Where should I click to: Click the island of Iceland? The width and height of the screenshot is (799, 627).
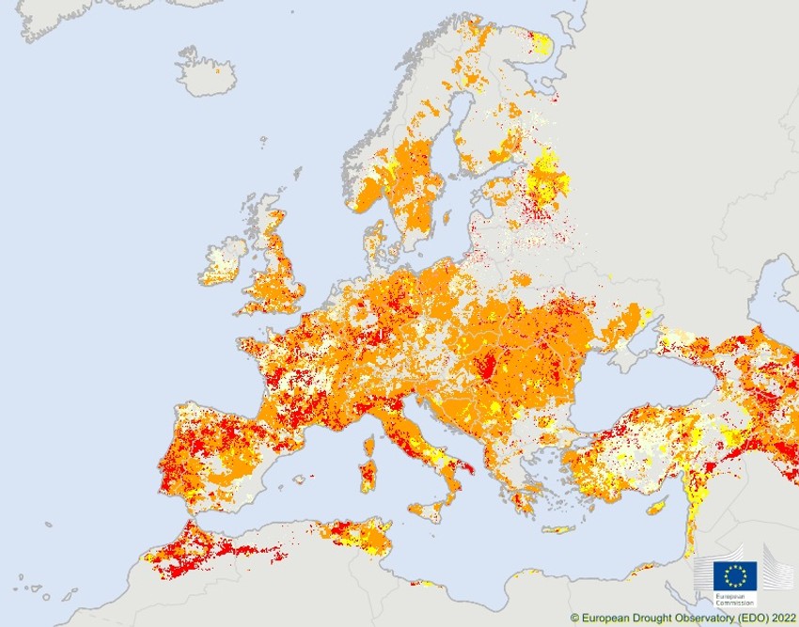[206, 73]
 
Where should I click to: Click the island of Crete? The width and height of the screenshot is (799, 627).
[558, 529]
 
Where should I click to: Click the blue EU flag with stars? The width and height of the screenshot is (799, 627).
[734, 576]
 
